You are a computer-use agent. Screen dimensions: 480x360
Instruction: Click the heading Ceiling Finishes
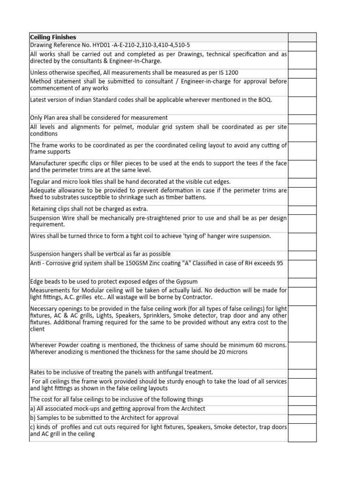53,37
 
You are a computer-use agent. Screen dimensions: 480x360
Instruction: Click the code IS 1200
228,73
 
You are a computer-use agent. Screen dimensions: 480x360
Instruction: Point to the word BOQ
264,100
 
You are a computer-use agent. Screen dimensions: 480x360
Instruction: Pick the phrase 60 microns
270,345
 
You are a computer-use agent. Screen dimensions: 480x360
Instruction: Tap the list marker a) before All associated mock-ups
33,409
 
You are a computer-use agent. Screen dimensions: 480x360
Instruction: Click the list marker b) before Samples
33,418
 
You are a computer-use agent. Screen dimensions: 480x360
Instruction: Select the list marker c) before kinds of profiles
33,427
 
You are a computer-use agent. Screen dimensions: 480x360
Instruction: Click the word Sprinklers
149,315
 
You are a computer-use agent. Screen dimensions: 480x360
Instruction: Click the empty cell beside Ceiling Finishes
302,37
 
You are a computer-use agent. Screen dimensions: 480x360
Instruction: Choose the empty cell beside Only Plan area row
302,118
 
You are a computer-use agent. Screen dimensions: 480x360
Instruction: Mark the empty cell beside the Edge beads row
302,281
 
